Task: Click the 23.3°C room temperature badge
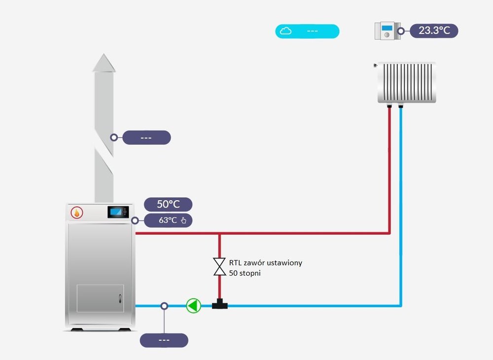(434, 31)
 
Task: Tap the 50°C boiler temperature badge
(168, 205)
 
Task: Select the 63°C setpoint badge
(168, 220)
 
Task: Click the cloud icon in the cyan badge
(285, 31)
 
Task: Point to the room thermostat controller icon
(387, 31)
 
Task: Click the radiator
(407, 82)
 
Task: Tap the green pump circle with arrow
(194, 306)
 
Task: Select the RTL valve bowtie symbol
(219, 266)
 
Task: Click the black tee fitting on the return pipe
(220, 305)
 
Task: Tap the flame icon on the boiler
(76, 213)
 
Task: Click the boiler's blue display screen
(118, 212)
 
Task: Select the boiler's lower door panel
(100, 298)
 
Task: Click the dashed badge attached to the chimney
(146, 138)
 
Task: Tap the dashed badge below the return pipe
(164, 340)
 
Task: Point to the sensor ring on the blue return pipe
(164, 306)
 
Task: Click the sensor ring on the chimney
(114, 138)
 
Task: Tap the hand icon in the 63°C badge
(184, 220)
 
